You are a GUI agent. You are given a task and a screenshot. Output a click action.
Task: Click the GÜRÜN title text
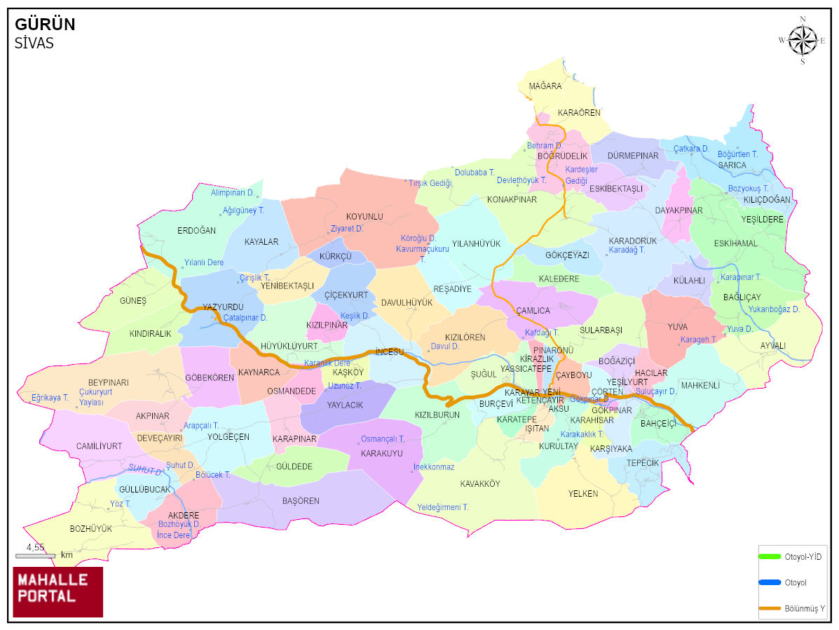45,25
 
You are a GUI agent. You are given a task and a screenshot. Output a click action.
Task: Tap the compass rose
803,39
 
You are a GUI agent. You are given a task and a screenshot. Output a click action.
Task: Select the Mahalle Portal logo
58,591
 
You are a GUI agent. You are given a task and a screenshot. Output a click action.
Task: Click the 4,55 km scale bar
35,556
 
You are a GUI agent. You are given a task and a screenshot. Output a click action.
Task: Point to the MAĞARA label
545,86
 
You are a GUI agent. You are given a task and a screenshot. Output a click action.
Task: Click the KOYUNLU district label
364,217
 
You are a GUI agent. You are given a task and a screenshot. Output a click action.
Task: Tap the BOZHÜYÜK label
90,528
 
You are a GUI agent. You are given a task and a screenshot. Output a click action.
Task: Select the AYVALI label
773,345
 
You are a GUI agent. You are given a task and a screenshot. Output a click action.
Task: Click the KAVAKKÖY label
480,484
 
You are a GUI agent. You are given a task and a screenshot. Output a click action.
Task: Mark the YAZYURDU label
223,307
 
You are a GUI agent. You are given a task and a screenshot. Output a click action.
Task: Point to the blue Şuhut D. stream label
179,465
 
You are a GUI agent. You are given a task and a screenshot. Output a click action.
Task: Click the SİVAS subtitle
34,43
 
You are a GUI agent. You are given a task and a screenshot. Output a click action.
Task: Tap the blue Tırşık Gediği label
430,182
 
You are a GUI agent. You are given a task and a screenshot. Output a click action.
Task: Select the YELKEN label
583,494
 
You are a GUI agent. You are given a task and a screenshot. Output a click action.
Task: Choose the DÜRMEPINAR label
633,156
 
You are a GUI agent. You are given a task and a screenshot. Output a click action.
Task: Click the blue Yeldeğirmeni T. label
443,507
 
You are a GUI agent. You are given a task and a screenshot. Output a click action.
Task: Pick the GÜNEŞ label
133,301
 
